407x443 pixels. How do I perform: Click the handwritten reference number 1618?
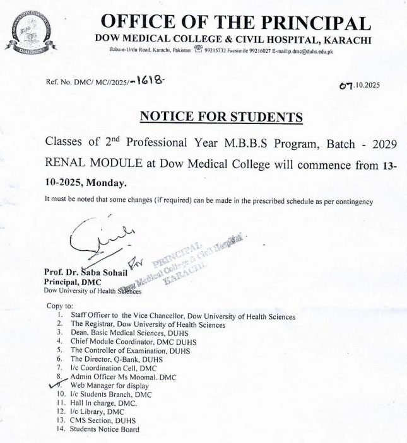pos(152,81)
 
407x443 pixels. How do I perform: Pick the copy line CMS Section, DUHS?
pos(103,420)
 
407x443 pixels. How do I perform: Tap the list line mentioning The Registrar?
pos(148,325)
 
